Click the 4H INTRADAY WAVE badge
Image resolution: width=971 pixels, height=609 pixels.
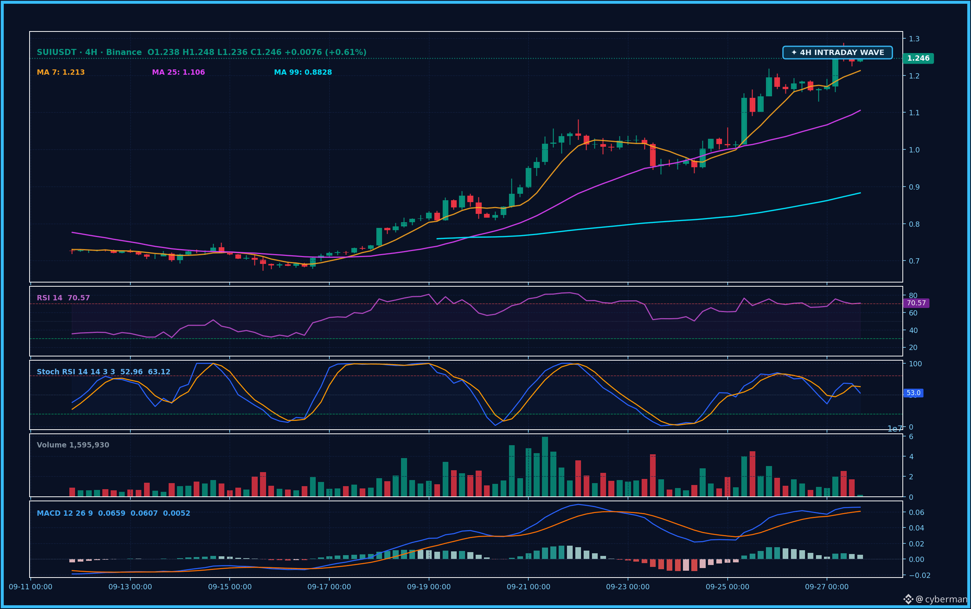837,52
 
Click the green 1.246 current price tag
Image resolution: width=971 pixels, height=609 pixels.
918,58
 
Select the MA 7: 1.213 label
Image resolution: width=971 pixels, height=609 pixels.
61,72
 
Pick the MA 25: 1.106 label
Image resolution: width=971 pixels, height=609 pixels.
179,72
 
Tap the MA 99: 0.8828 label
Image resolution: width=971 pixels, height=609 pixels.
303,72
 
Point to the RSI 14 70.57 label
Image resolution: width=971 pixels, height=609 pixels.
63,298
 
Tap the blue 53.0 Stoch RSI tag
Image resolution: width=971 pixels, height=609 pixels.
913,393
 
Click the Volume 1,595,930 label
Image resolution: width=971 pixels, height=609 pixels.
73,445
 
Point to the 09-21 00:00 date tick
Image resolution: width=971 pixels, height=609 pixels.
529,587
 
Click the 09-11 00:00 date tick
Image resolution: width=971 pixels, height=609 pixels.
31,587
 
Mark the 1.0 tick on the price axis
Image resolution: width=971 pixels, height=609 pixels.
914,150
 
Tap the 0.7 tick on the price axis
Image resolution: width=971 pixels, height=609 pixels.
914,261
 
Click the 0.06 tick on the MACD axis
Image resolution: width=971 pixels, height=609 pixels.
917,512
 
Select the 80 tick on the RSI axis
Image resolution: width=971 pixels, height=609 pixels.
913,296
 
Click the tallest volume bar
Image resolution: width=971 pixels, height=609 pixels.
545,466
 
